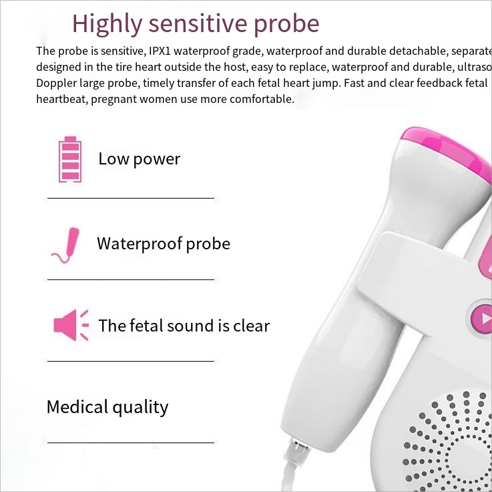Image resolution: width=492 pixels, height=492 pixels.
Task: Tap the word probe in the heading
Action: pyautogui.click(x=287, y=24)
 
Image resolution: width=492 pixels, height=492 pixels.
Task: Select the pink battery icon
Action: pyautogui.click(x=69, y=159)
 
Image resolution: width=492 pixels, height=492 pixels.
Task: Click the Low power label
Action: pyautogui.click(x=139, y=159)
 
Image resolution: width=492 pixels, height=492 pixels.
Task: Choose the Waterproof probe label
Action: pyautogui.click(x=163, y=243)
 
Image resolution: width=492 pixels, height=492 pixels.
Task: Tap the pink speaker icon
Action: pyautogui.click(x=70, y=326)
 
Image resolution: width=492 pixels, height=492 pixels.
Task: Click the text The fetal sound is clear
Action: pyautogui.click(x=184, y=326)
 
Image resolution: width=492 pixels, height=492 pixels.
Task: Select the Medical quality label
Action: pyautogui.click(x=107, y=406)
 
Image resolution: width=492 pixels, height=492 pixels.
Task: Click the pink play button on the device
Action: pyautogui.click(x=482, y=316)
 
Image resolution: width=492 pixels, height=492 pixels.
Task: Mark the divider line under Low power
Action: pyautogui.click(x=130, y=198)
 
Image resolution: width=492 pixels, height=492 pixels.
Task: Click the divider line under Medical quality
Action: pyautogui.click(x=130, y=443)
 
